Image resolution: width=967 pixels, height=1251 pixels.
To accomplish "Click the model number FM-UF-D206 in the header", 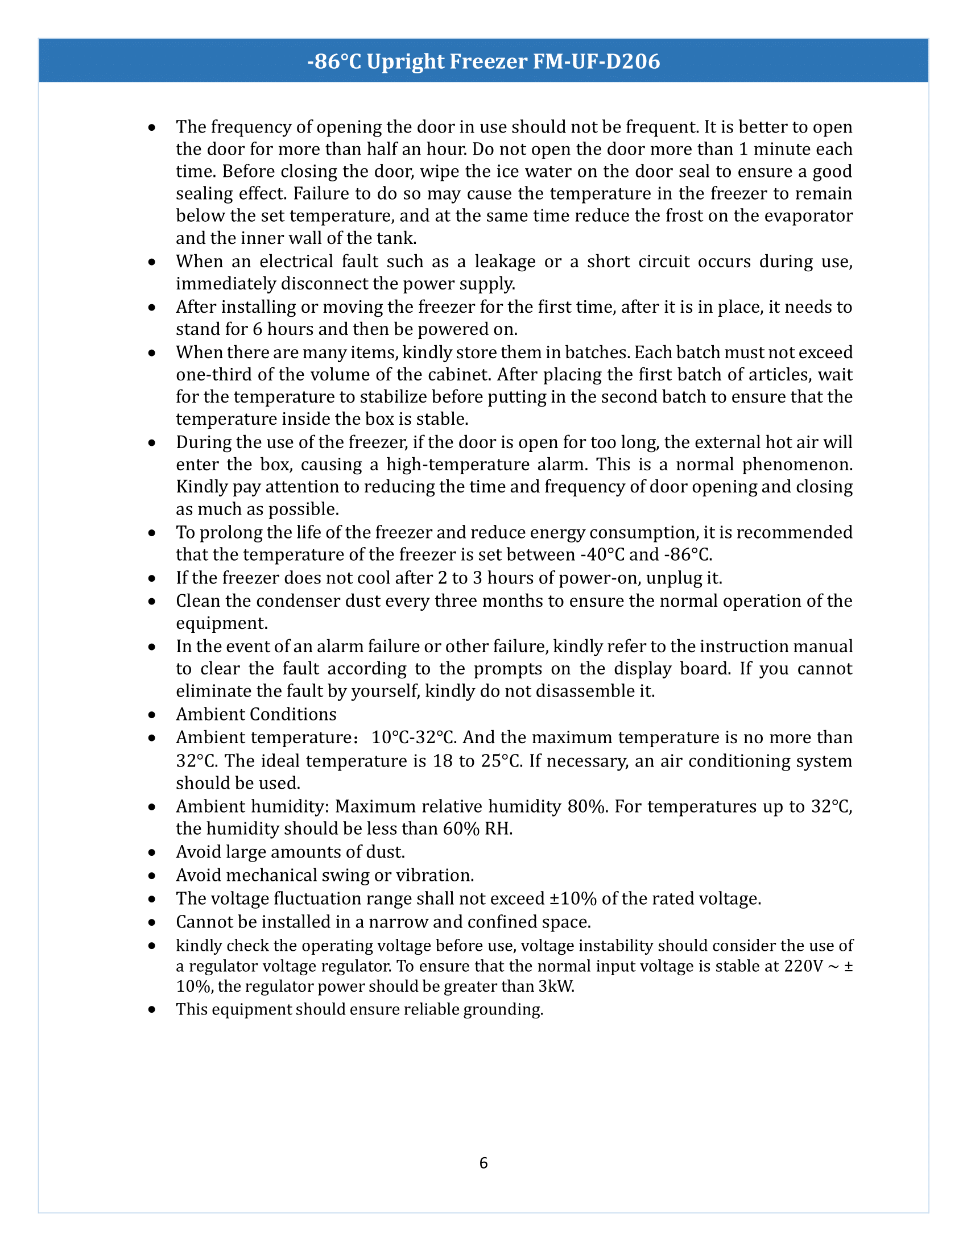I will pyautogui.click(x=596, y=61).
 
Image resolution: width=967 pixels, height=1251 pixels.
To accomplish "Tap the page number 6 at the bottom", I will pyautogui.click(x=483, y=1163).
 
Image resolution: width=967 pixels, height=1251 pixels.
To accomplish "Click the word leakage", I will pyautogui.click(x=505, y=261).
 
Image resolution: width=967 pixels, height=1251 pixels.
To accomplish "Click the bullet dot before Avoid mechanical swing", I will pyautogui.click(x=152, y=876).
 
